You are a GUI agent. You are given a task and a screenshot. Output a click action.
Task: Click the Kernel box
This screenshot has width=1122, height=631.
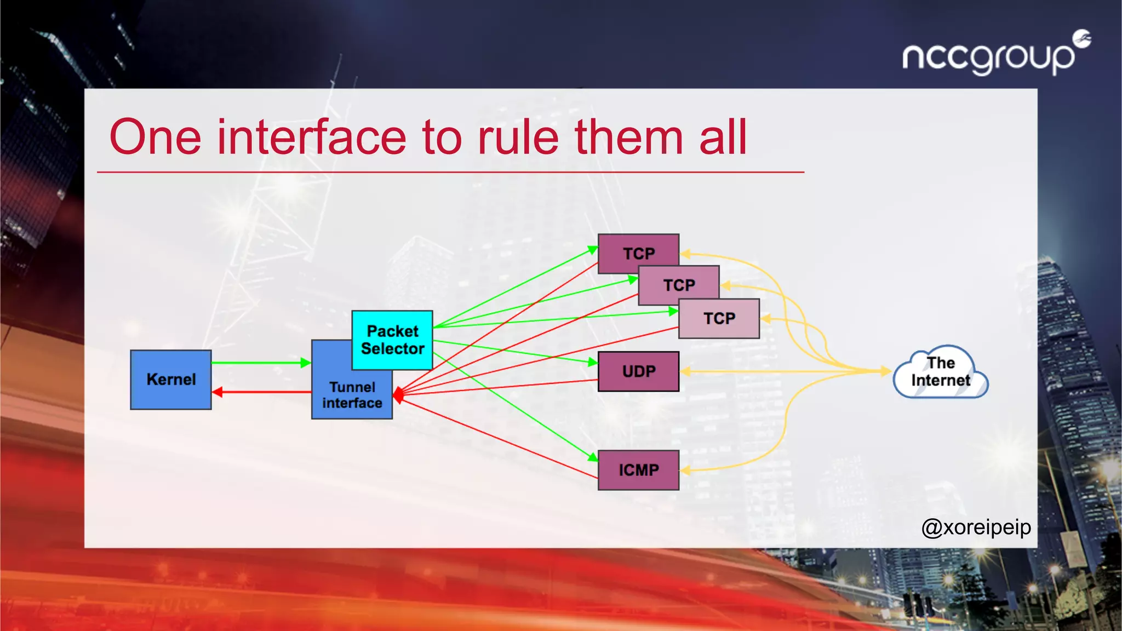170,380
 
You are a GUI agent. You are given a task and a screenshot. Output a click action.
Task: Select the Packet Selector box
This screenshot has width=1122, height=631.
392,340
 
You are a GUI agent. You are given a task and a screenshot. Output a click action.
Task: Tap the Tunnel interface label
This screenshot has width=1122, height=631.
352,395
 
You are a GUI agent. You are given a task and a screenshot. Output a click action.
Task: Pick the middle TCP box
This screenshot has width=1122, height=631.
679,285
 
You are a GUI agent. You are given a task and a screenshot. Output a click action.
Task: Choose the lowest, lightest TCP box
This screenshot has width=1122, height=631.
719,319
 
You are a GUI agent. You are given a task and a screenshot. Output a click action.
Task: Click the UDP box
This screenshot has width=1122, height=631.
638,371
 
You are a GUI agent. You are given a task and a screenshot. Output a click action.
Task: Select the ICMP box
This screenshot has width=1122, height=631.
638,470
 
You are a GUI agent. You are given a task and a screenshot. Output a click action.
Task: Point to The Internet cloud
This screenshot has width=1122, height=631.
941,372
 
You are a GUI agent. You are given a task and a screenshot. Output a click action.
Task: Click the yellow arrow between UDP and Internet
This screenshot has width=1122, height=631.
783,371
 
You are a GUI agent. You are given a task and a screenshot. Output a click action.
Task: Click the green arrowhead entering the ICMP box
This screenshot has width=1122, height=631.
592,457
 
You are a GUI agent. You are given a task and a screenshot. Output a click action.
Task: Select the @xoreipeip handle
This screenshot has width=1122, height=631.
976,527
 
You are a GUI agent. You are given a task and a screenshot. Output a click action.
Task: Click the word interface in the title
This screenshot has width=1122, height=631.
312,137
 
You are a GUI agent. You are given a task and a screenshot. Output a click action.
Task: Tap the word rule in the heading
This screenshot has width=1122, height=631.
518,137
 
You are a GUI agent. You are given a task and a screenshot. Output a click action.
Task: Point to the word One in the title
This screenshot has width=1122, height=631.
156,137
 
